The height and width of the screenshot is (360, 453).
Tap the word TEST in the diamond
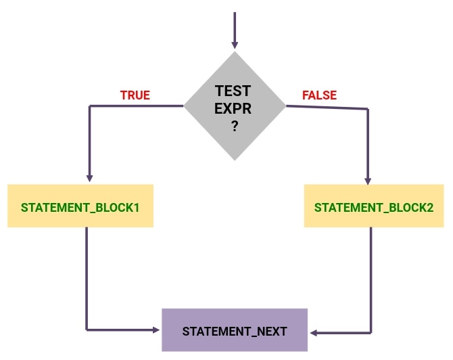(x=233, y=91)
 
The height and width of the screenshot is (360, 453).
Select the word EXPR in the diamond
(x=233, y=108)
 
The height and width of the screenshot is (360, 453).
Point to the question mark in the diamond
(x=235, y=127)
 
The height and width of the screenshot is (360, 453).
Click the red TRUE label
(x=135, y=95)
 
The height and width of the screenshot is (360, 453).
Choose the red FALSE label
(x=319, y=95)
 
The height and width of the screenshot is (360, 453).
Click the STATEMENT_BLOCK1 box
(x=80, y=206)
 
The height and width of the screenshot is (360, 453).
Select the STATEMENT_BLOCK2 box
(x=374, y=206)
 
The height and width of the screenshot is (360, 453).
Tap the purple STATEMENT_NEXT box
(x=235, y=331)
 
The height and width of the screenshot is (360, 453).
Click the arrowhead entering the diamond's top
(x=235, y=47)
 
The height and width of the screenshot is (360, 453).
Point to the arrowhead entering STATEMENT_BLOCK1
(x=89, y=178)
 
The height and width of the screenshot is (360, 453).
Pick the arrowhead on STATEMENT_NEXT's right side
(x=314, y=332)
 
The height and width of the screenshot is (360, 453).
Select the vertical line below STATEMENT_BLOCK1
(x=87, y=277)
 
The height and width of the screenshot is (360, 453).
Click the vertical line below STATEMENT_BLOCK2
(x=371, y=277)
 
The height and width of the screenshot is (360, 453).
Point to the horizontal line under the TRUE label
(x=135, y=106)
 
